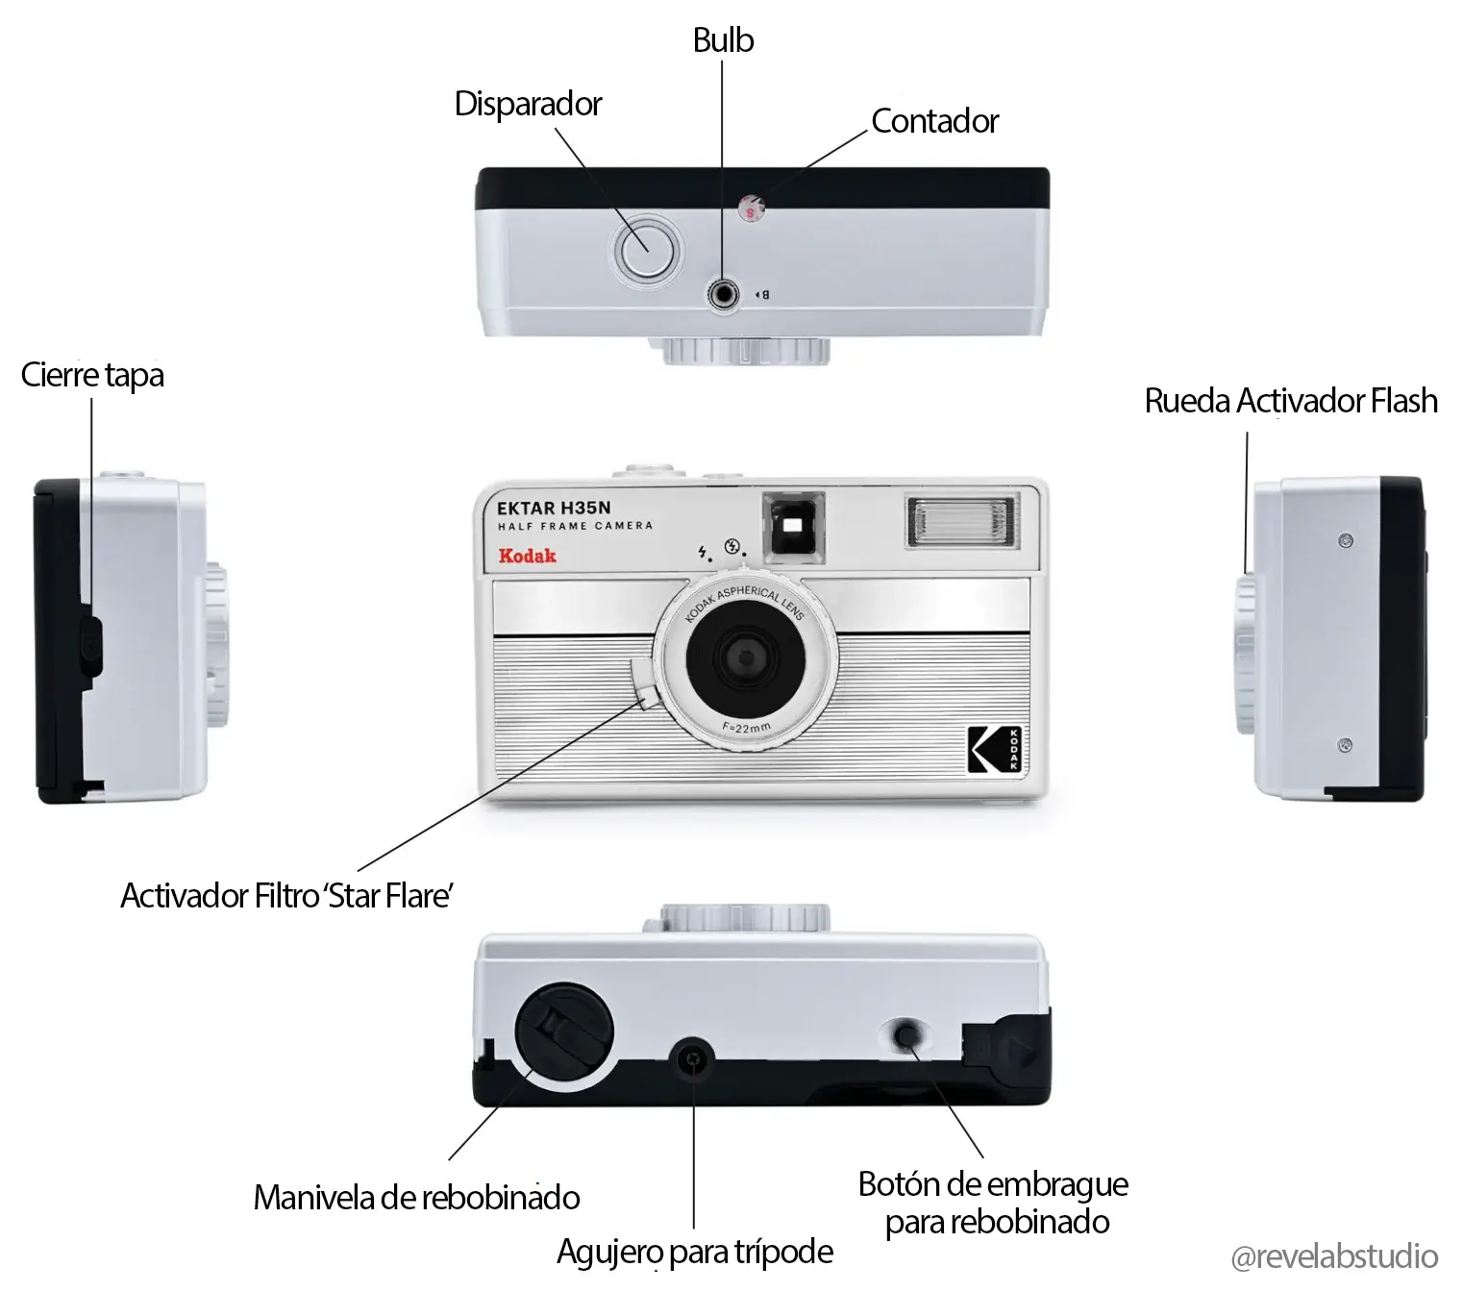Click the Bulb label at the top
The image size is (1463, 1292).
pyautogui.click(x=723, y=39)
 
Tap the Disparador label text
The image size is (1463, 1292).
pyautogui.click(x=528, y=104)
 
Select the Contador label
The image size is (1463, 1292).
pyautogui.click(x=935, y=120)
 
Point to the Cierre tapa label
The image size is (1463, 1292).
pyautogui.click(x=92, y=375)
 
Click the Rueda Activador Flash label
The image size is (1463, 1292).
pyautogui.click(x=1291, y=401)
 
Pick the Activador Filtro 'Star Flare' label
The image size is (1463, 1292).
pyautogui.click(x=286, y=896)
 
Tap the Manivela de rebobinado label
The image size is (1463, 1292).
pyautogui.click(x=416, y=1198)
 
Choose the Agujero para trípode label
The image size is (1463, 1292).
pyautogui.click(x=695, y=1252)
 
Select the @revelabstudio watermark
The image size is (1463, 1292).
pyautogui.click(x=1334, y=1256)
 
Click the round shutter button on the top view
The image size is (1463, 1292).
pyautogui.click(x=646, y=252)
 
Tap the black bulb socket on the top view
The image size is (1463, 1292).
pyautogui.click(x=723, y=295)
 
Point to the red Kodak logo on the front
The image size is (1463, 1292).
pyautogui.click(x=527, y=556)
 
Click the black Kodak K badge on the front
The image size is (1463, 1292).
pyautogui.click(x=994, y=749)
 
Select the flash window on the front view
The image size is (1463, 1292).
pyautogui.click(x=962, y=521)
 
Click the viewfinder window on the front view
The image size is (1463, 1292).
pyautogui.click(x=794, y=524)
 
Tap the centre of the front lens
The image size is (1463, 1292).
pyautogui.click(x=746, y=658)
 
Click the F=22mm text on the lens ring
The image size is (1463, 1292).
pyautogui.click(x=747, y=728)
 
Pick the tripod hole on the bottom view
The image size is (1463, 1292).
pyautogui.click(x=693, y=1059)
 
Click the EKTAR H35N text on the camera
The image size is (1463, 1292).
pyautogui.click(x=554, y=508)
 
